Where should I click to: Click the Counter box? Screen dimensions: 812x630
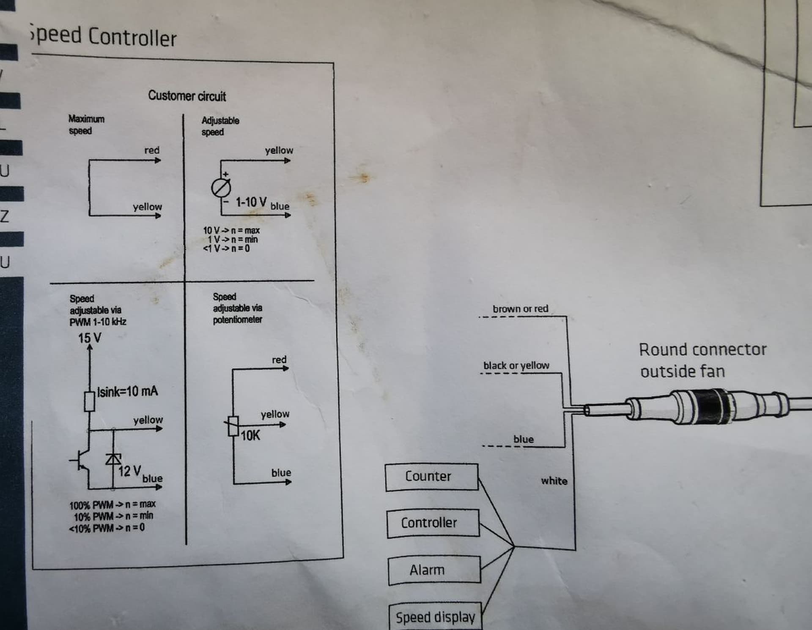pyautogui.click(x=431, y=477)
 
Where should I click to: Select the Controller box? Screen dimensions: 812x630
pyautogui.click(x=433, y=523)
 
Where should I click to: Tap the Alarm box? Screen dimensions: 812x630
pyautogui.click(x=434, y=570)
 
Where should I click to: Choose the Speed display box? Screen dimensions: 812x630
pyautogui.click(x=435, y=616)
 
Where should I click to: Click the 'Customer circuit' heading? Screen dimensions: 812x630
pyautogui.click(x=187, y=96)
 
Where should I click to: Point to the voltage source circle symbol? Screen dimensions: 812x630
pyautogui.click(x=221, y=188)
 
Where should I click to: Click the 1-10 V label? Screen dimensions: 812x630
pyautogui.click(x=251, y=202)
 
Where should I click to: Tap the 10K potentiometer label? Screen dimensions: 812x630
pyautogui.click(x=250, y=436)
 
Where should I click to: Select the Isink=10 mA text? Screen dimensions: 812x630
pyautogui.click(x=127, y=391)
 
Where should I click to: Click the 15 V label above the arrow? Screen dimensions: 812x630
pyautogui.click(x=90, y=338)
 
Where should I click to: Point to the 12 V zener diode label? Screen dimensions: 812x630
pyautogui.click(x=129, y=471)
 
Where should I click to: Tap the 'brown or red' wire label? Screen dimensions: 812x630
pyautogui.click(x=520, y=309)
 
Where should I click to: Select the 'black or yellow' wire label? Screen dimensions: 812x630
pyautogui.click(x=516, y=365)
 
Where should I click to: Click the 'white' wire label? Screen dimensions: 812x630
pyautogui.click(x=554, y=481)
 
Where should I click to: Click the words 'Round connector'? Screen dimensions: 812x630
pyautogui.click(x=702, y=350)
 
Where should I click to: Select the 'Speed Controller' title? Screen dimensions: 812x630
pyautogui.click(x=103, y=35)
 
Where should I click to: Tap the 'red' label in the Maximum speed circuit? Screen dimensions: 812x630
pyautogui.click(x=152, y=150)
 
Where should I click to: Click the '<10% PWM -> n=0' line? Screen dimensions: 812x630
pyautogui.click(x=107, y=528)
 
